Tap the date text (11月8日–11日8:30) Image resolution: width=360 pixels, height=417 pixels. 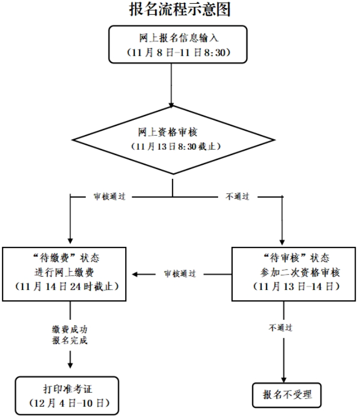[172, 53]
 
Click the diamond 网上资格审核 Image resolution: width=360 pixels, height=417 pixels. [172, 140]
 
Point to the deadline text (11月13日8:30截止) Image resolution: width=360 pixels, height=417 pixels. [172, 147]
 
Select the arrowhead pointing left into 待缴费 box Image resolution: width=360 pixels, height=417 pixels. [136, 274]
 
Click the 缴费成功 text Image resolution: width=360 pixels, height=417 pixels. [70, 329]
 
